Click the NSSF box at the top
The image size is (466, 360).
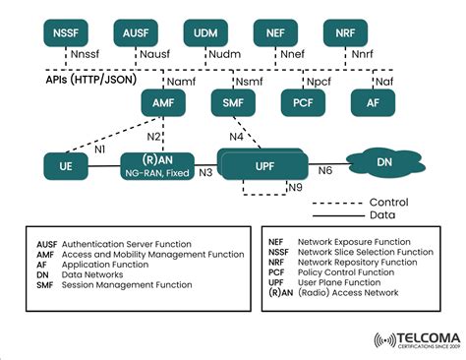pos(65,33)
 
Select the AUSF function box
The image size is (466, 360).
pos(135,33)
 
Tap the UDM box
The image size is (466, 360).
pos(204,33)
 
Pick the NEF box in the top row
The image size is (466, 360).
pos(274,33)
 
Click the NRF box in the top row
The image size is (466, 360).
pos(344,33)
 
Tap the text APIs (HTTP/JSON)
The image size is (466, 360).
pos(82,82)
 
